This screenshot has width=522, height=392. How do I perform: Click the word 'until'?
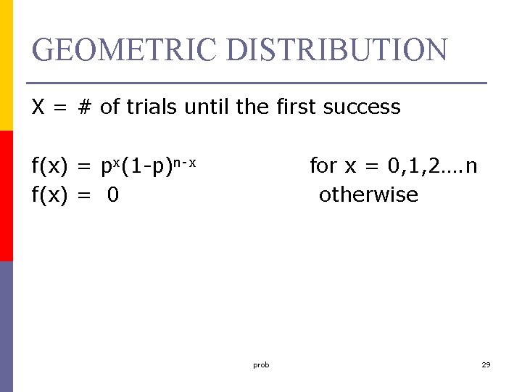(208, 107)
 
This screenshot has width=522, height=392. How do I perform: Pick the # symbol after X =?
(85, 107)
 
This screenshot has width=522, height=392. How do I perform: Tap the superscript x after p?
(119, 162)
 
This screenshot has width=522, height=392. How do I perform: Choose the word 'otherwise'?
(368, 195)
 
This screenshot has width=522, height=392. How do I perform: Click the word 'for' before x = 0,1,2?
(323, 166)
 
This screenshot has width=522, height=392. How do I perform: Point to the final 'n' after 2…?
(471, 167)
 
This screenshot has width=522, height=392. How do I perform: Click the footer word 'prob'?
(261, 364)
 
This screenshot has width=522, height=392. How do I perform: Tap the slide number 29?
(486, 364)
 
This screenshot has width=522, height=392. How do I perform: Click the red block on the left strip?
(6, 196)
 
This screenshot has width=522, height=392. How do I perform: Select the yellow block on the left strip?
(6, 65)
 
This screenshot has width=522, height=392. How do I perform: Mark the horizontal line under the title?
(256, 83)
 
